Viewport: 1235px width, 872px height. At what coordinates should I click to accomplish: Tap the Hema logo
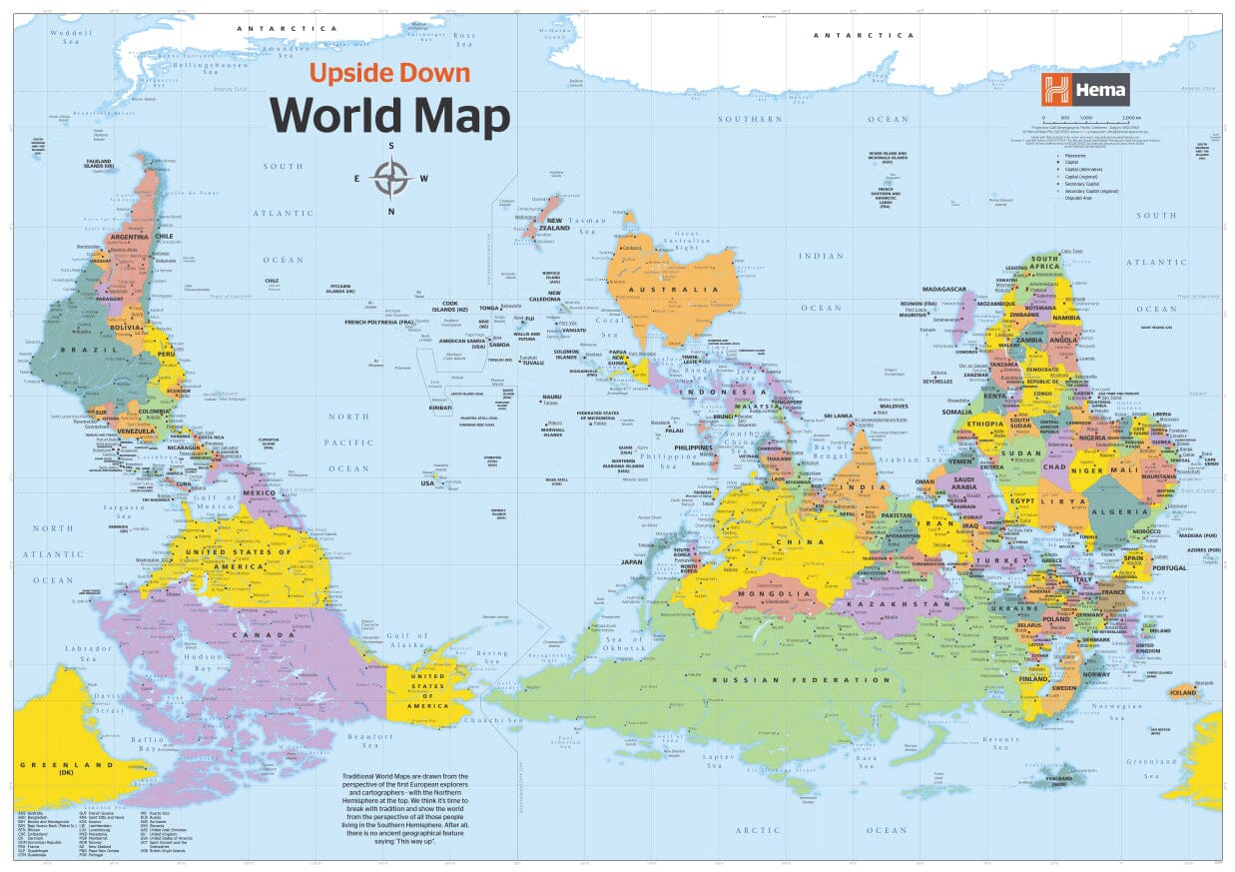click(1085, 89)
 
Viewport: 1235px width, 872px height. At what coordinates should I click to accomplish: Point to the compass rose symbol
click(391, 179)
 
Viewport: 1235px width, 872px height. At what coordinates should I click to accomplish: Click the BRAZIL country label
click(83, 350)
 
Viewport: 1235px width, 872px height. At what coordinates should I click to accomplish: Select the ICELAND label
click(1183, 691)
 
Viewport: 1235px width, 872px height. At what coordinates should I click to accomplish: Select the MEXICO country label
click(259, 493)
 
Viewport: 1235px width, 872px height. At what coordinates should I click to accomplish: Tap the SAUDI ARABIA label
click(963, 484)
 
